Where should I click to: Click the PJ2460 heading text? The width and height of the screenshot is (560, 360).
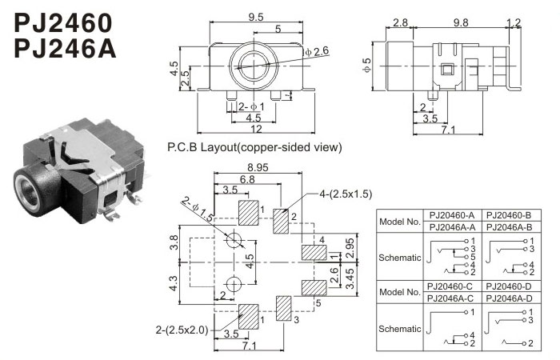pos(63,22)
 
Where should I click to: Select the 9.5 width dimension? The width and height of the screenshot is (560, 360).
pos(256,15)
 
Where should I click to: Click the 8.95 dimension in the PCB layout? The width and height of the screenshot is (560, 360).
pos(258,166)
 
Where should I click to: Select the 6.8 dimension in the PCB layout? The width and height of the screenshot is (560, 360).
pos(247,179)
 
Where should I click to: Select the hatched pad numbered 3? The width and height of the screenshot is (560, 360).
pos(284,308)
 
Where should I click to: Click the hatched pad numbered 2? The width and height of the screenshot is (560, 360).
pos(280,221)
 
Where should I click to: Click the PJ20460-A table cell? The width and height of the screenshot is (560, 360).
pos(451,215)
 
